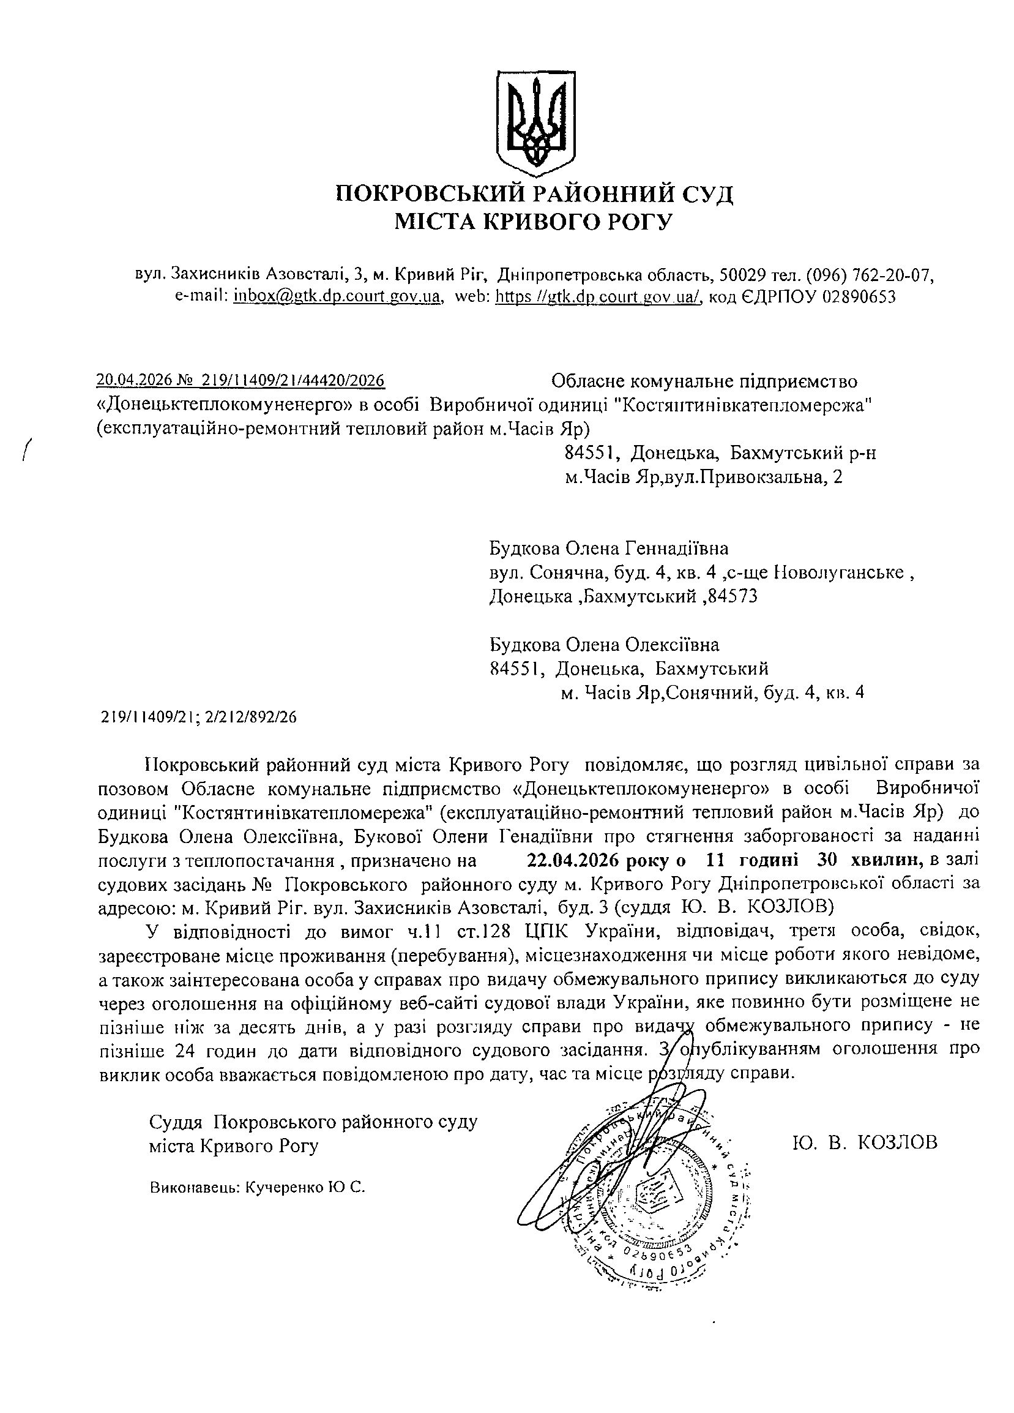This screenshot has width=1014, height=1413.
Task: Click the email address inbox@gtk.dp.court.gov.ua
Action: [338, 296]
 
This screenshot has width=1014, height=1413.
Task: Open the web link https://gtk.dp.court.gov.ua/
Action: [598, 296]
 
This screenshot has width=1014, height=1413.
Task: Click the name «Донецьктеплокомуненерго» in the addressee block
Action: [226, 404]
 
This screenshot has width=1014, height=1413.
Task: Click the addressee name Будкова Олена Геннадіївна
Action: [609, 549]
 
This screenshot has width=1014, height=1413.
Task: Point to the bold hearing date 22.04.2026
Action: [572, 860]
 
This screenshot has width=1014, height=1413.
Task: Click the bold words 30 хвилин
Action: [868, 860]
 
